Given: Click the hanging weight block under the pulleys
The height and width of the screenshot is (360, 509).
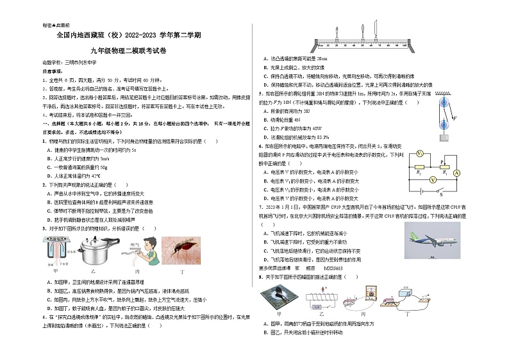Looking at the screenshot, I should [x=442, y=136].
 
